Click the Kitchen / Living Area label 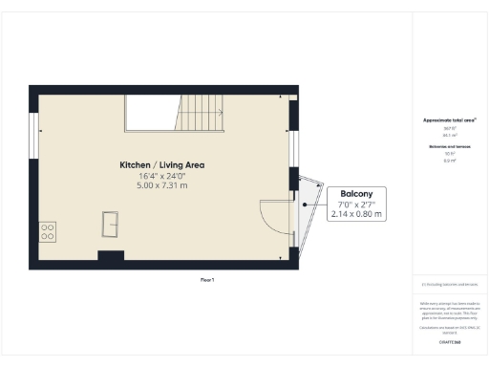[x=161, y=165]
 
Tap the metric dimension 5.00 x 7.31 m [x=161, y=184]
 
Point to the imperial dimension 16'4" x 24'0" [x=161, y=175]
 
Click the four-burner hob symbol [x=47, y=230]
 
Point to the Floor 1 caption [x=207, y=279]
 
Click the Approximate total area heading [x=449, y=120]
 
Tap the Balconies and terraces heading [x=449, y=146]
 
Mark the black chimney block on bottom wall [x=111, y=255]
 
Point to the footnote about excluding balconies [x=449, y=285]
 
